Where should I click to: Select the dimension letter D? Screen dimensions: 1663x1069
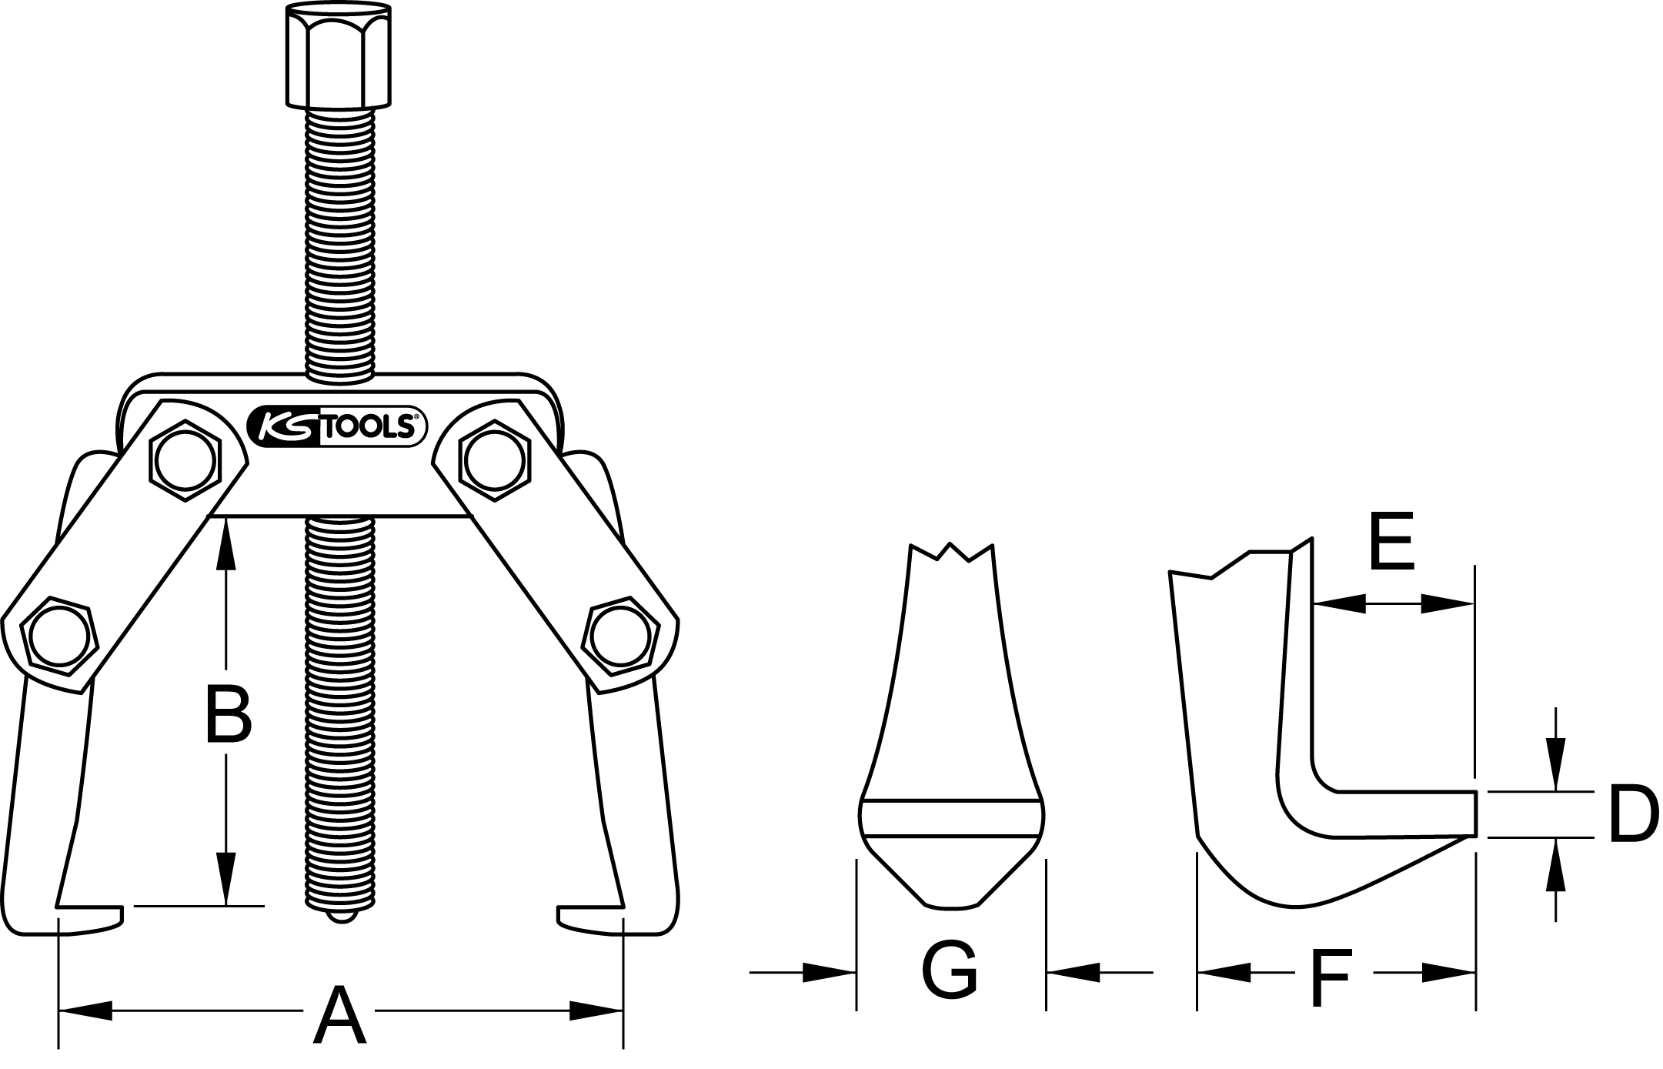(x=1631, y=814)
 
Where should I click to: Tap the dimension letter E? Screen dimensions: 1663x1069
(x=1392, y=543)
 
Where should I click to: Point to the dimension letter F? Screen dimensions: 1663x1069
(x=1330, y=977)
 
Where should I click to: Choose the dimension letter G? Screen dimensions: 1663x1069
(x=950, y=970)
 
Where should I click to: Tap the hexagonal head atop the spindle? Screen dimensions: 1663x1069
(x=339, y=55)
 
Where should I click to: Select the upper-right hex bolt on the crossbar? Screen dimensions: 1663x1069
(x=495, y=460)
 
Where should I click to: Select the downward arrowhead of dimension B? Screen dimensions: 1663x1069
(x=225, y=878)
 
